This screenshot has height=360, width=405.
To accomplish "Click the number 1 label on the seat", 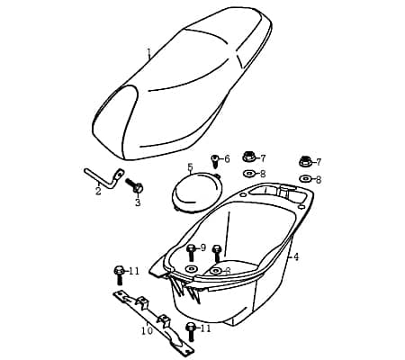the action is (148, 54).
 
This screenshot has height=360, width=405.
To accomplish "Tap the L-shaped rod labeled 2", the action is (102, 179).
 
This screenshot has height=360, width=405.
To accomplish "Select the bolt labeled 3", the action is (134, 186).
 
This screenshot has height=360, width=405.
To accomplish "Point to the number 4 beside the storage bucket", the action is (296, 256).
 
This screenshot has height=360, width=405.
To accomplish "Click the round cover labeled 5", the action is (196, 191).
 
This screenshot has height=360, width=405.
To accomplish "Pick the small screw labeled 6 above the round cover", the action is (215, 160).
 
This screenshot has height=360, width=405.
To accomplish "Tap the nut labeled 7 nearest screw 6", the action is (249, 157).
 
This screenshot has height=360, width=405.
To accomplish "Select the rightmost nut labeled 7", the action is (306, 161).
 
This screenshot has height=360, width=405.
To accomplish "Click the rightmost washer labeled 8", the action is (306, 179).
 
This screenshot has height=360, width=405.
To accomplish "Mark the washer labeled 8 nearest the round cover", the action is (249, 173).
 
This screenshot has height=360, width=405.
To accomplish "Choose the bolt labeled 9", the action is (191, 253).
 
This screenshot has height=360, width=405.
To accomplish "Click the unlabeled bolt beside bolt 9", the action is (217, 253).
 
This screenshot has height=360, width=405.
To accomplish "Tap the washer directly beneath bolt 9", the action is (191, 268).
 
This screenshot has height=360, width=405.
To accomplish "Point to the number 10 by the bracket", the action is (148, 330).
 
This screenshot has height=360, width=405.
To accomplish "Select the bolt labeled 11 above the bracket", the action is (119, 274).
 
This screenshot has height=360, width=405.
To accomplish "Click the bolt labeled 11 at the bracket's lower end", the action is (190, 331).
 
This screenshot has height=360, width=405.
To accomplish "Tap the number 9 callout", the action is (203, 247).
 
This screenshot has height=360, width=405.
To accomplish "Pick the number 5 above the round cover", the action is (190, 167).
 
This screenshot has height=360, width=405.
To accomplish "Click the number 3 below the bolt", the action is (138, 202).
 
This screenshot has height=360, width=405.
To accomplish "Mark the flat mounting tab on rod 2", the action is (120, 174).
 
